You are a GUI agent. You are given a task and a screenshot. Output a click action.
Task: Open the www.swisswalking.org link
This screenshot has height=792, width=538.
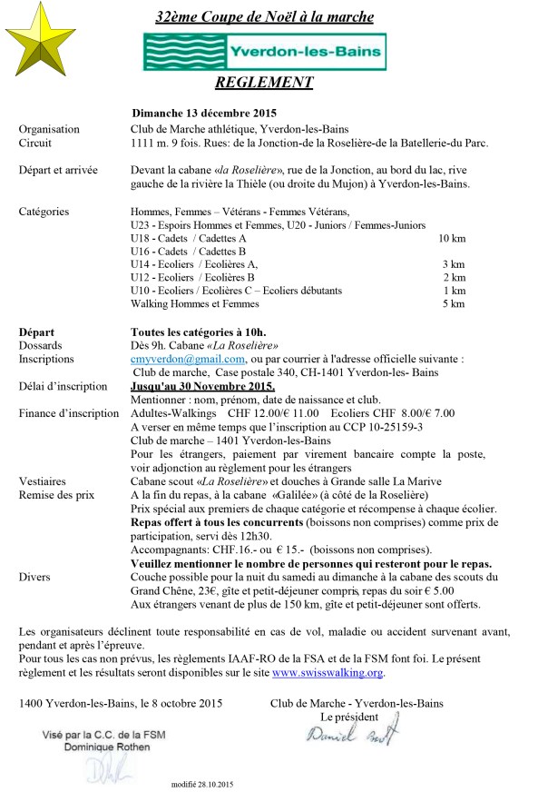tap(328, 673)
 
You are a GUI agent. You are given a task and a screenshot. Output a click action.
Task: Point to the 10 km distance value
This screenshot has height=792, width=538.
tap(451, 238)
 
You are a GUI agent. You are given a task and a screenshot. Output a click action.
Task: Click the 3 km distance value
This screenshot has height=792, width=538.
tap(454, 263)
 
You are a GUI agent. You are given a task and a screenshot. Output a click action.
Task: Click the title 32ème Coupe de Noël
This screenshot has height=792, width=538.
tap(263, 17)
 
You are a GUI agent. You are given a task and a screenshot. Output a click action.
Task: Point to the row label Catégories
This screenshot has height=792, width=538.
tap(44, 212)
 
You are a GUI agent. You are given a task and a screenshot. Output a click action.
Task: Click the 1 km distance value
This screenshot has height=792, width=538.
tap(454, 290)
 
